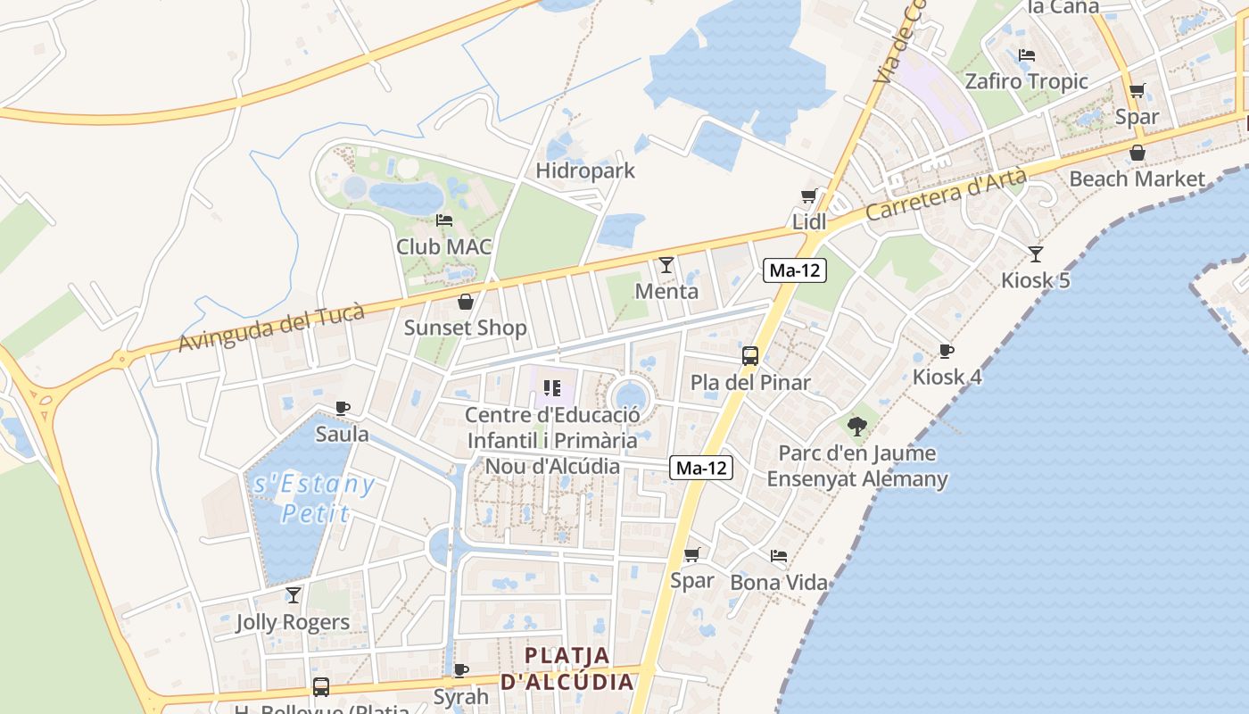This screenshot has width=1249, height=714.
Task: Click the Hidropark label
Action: pos(585,170)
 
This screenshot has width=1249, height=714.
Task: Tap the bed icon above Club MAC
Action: pos(443,220)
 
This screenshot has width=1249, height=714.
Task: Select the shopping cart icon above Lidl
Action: pos(809,196)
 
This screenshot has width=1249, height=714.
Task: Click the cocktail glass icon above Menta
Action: pos(666,264)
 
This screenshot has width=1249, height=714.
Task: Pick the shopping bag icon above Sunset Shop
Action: pos(465,302)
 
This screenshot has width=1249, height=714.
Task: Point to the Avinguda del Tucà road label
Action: pos(271,328)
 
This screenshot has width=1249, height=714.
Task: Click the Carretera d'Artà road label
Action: pos(946,195)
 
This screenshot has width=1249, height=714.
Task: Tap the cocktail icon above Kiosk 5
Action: pos(1035,254)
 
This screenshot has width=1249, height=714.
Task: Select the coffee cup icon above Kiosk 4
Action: pos(947,351)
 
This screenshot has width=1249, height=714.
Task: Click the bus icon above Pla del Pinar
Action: pos(750,356)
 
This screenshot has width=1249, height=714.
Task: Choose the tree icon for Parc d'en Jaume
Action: pos(857,426)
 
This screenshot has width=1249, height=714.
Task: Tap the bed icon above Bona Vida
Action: pos(779,556)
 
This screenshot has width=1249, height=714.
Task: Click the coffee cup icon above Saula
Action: pos(342,408)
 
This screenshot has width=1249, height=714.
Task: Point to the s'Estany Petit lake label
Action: pos(314,498)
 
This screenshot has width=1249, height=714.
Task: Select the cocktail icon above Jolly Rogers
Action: pos(293,595)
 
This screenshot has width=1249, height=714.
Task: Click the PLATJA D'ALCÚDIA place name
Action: pos(567,668)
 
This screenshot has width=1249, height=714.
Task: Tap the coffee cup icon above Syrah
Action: pos(460,670)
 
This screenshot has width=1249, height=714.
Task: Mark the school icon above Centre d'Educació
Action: pos(551,388)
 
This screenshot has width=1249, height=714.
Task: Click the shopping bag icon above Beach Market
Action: pos(1137,153)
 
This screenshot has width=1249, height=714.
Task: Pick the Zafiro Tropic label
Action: pos(1026,81)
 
